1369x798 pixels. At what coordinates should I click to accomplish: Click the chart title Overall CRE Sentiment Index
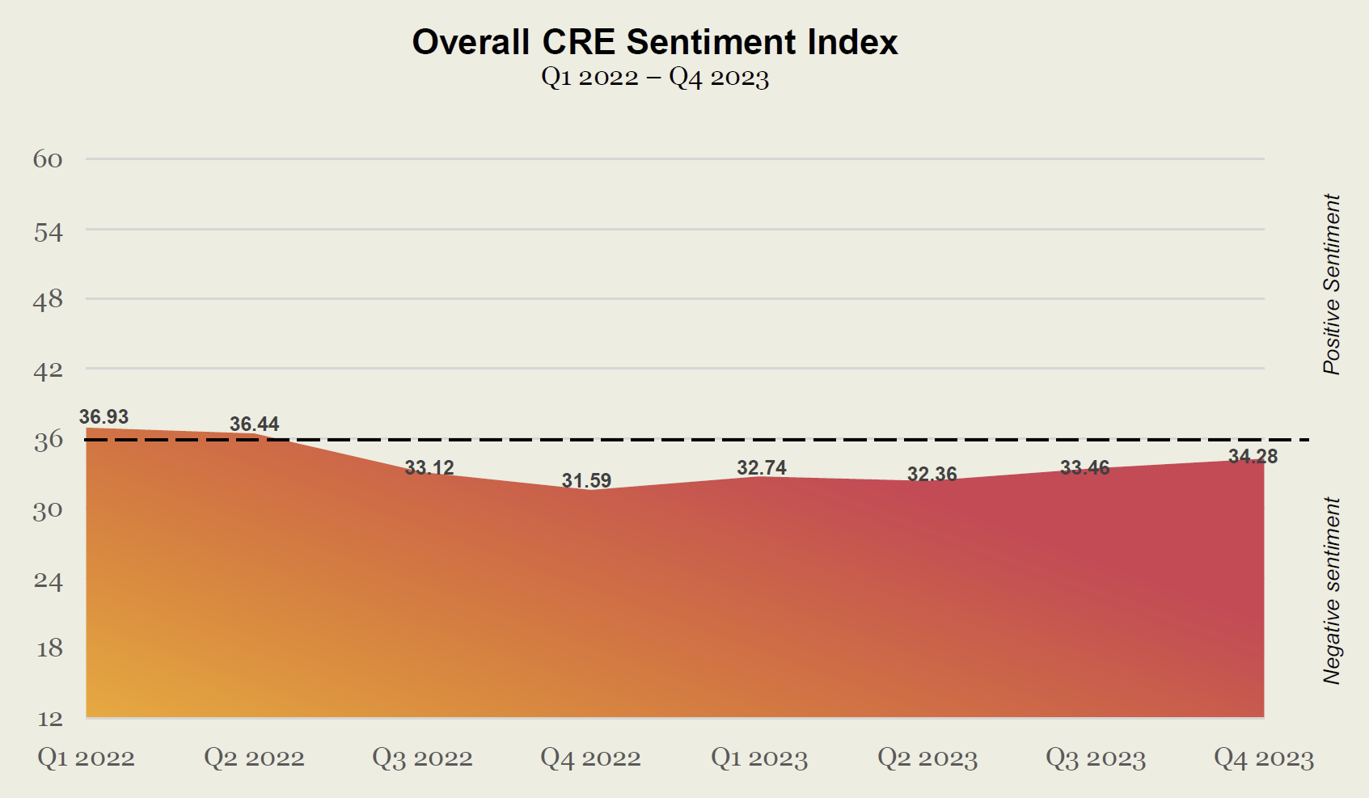(654, 42)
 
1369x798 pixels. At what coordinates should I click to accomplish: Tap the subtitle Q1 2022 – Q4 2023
(654, 78)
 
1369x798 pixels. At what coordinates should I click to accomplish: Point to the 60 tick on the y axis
(48, 159)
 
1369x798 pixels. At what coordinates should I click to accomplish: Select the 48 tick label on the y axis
(48, 300)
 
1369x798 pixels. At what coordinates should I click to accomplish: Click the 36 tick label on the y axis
(48, 440)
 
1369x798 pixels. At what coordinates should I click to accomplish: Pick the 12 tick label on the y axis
(49, 719)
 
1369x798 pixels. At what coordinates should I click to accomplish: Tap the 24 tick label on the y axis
(48, 581)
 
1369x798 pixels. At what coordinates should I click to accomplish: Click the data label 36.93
(104, 417)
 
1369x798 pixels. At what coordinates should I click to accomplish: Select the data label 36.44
(254, 424)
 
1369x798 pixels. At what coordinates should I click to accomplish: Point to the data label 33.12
(429, 468)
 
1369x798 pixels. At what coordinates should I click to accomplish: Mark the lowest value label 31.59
(586, 481)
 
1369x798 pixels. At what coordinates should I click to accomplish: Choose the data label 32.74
(762, 468)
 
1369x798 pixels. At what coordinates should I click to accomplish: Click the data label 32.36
(932, 475)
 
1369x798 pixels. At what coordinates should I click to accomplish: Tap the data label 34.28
(1253, 457)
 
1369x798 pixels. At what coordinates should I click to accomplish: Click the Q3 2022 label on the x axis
(422, 758)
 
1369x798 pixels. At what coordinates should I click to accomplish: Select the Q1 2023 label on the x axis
(759, 758)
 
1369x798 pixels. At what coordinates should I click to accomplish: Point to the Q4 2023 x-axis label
(1264, 758)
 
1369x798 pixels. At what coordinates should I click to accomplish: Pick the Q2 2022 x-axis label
(254, 758)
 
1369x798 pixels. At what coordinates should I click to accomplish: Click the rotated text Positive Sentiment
(1332, 284)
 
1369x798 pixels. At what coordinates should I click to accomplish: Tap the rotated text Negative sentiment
(1332, 590)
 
